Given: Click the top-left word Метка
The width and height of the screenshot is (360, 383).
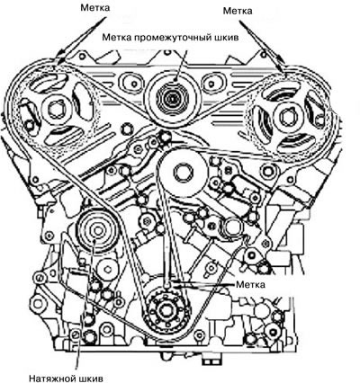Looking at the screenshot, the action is pyautogui.click(x=94, y=8).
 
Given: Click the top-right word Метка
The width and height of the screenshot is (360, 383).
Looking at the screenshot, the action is pyautogui.click(x=238, y=11).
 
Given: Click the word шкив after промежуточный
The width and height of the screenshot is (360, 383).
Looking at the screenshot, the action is pyautogui.click(x=226, y=38).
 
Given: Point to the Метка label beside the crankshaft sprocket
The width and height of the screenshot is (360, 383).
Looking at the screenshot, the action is pyautogui.click(x=250, y=284).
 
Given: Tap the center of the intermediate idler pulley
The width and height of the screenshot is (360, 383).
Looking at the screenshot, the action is pyautogui.click(x=172, y=98).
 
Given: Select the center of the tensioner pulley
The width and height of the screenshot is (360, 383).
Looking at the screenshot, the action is pyautogui.click(x=97, y=230).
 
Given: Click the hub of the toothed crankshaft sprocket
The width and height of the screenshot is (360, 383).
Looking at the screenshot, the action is pyautogui.click(x=166, y=311).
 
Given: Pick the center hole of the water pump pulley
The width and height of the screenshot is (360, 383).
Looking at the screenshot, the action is pyautogui.click(x=183, y=174).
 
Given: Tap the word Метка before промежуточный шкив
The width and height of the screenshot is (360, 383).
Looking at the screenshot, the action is pyautogui.click(x=116, y=38).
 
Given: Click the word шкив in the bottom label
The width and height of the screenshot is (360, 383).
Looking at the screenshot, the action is pyautogui.click(x=91, y=379).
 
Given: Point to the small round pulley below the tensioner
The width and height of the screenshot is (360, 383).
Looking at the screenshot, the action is pyautogui.click(x=106, y=268).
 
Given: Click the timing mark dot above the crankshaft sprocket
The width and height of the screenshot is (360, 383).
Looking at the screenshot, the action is pyautogui.click(x=166, y=282).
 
